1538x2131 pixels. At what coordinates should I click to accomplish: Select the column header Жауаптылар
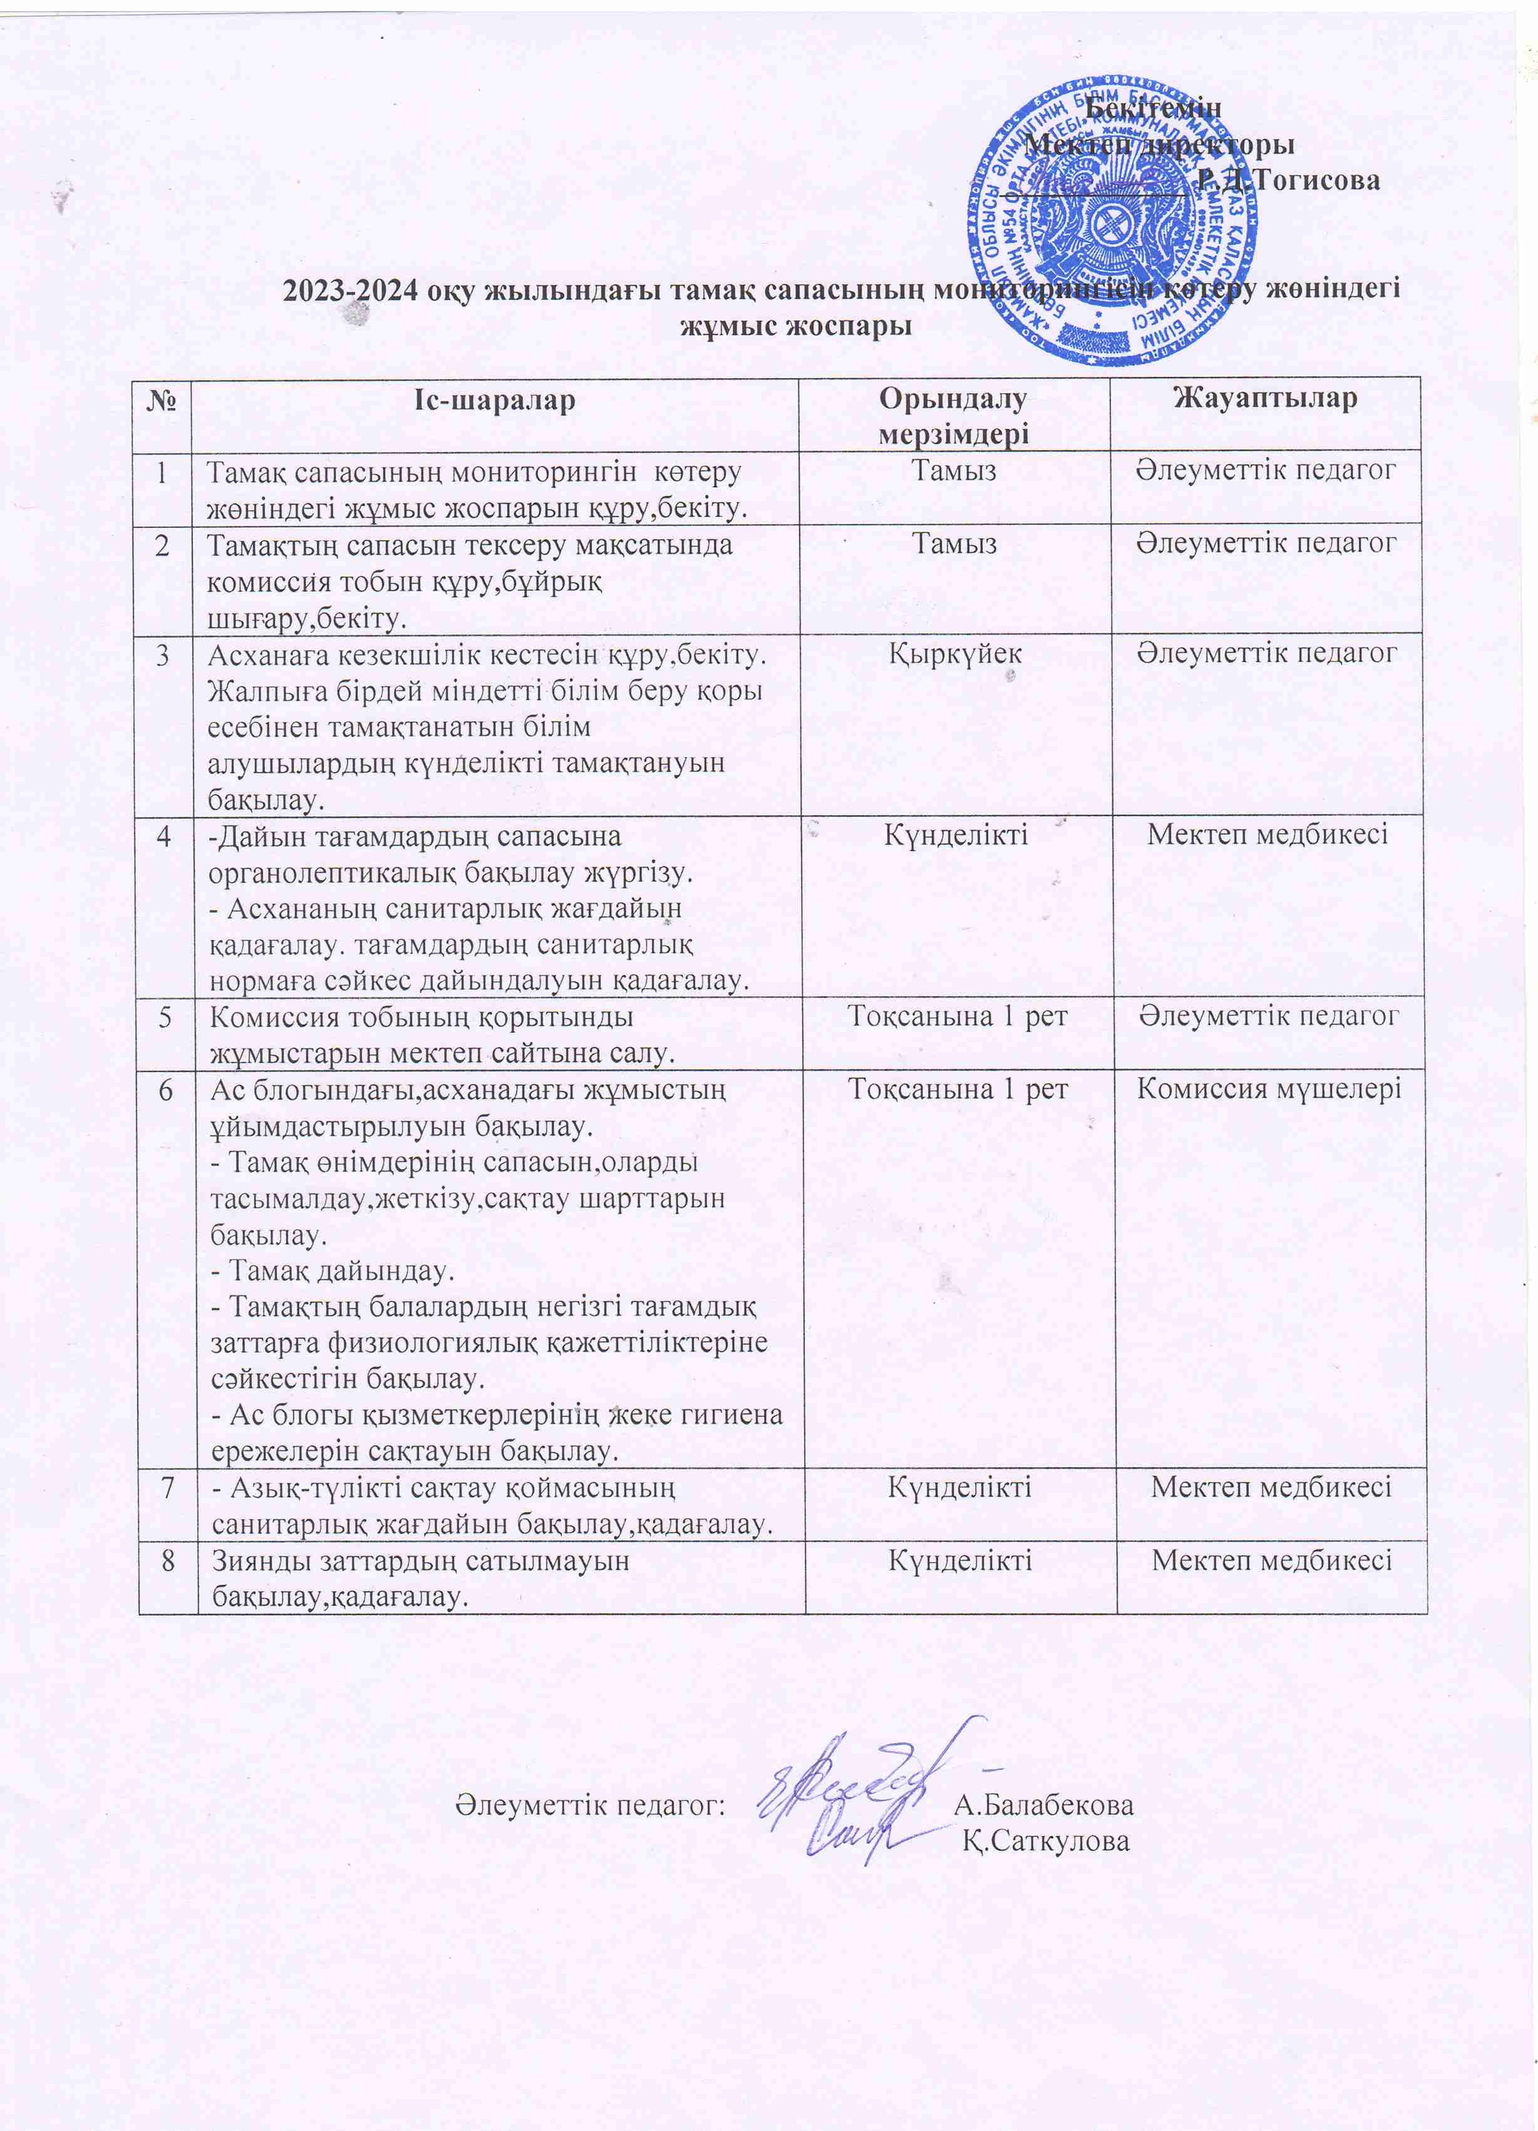(1265, 398)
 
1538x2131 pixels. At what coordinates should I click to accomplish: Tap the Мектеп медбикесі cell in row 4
(1267, 833)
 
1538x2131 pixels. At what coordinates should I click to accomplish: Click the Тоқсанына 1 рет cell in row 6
(957, 1089)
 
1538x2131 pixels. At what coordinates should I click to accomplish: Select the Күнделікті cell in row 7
(959, 1487)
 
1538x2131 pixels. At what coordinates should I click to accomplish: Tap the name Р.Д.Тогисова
(1288, 180)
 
